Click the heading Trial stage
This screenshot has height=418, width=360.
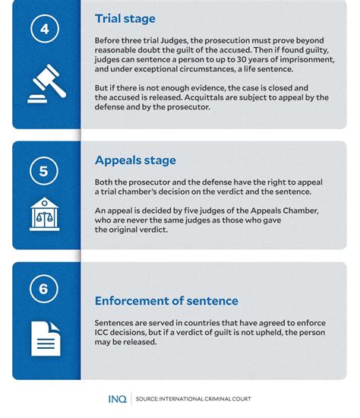coord(125,18)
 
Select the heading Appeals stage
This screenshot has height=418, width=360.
coord(135,160)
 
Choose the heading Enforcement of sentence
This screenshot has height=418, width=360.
coord(166,301)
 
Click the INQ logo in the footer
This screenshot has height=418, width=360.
coord(116,399)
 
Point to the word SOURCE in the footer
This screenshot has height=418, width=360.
coord(150,399)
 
